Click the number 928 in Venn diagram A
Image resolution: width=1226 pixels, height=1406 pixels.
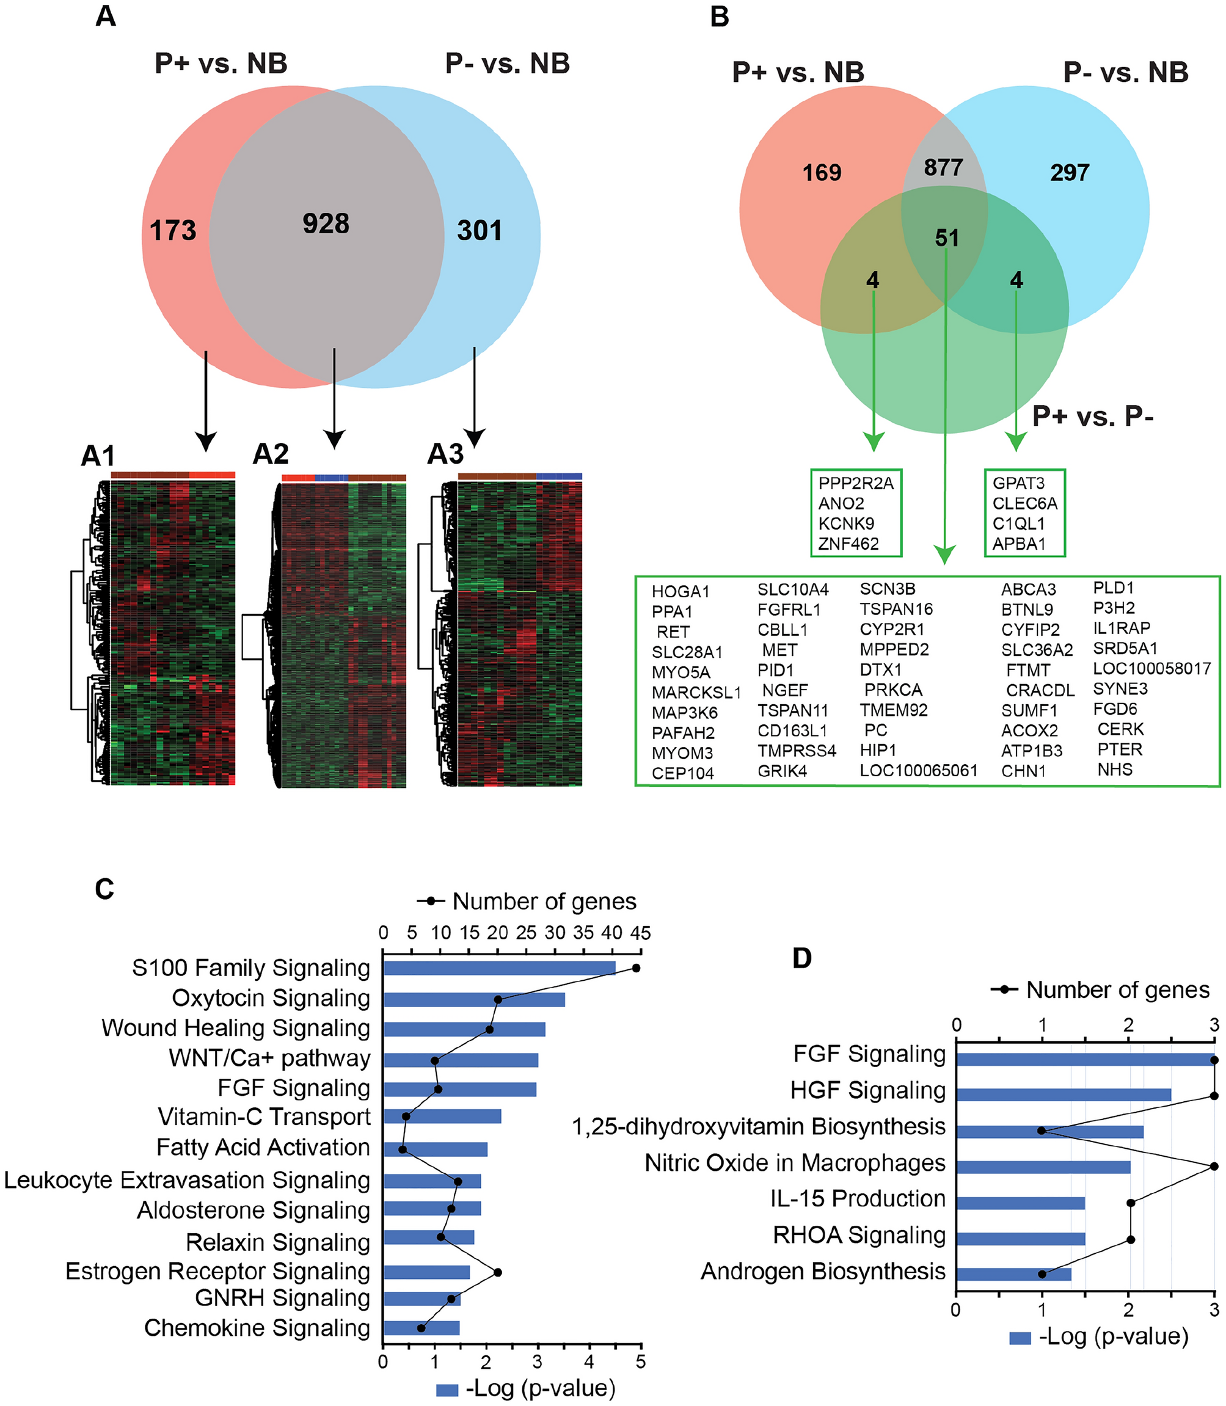326,224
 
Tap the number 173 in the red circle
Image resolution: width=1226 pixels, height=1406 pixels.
173,231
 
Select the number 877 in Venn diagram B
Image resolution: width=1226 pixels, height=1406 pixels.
943,167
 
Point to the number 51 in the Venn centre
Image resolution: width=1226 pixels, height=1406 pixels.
947,238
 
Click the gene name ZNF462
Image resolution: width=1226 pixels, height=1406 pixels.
848,544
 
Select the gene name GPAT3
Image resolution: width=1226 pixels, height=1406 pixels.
1018,483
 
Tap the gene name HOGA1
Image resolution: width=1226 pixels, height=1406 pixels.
680,591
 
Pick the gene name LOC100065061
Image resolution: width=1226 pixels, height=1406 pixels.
918,770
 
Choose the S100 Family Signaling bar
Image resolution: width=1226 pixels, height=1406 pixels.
500,967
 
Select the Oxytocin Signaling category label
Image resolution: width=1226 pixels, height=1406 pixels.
271,998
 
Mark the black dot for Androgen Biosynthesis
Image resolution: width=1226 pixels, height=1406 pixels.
1042,1274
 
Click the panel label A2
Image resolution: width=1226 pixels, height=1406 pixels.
271,454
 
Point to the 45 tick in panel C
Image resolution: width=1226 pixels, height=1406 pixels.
640,933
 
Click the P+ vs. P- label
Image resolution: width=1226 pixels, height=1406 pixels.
1093,416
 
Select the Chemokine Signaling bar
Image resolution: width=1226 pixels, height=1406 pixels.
421,1328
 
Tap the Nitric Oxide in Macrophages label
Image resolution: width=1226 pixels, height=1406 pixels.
795,1163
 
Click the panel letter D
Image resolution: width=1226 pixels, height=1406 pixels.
802,958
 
